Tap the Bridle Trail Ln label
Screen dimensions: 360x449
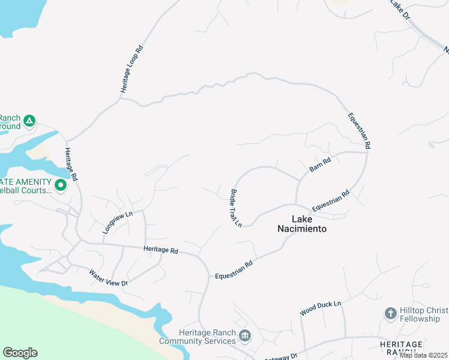235,208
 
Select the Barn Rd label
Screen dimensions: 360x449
320,165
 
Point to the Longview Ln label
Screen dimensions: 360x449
117,222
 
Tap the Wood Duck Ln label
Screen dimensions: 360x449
321,308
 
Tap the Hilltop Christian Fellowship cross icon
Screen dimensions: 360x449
390,313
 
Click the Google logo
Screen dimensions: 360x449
20,353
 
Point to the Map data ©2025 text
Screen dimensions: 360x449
423,355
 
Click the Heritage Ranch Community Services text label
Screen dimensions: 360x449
198,337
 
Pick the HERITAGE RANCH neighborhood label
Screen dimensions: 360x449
402,347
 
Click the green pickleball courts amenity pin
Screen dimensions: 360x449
60,186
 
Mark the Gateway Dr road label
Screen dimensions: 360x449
281,356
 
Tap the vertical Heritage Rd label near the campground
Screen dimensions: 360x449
71,164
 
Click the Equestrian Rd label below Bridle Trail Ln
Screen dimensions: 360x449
234,269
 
